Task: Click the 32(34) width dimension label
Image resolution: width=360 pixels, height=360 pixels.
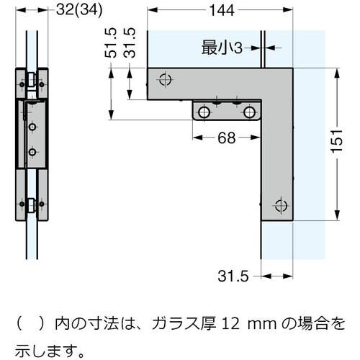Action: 73,10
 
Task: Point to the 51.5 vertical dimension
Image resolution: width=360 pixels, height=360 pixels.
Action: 111,45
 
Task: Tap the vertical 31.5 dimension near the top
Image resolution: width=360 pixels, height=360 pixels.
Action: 130,45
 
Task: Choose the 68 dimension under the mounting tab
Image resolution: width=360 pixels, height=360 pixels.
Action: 226,138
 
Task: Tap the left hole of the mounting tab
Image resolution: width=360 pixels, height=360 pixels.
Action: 205,112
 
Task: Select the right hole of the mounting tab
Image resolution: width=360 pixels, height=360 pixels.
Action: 249,112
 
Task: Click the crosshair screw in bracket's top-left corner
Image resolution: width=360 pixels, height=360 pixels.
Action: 165,78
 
